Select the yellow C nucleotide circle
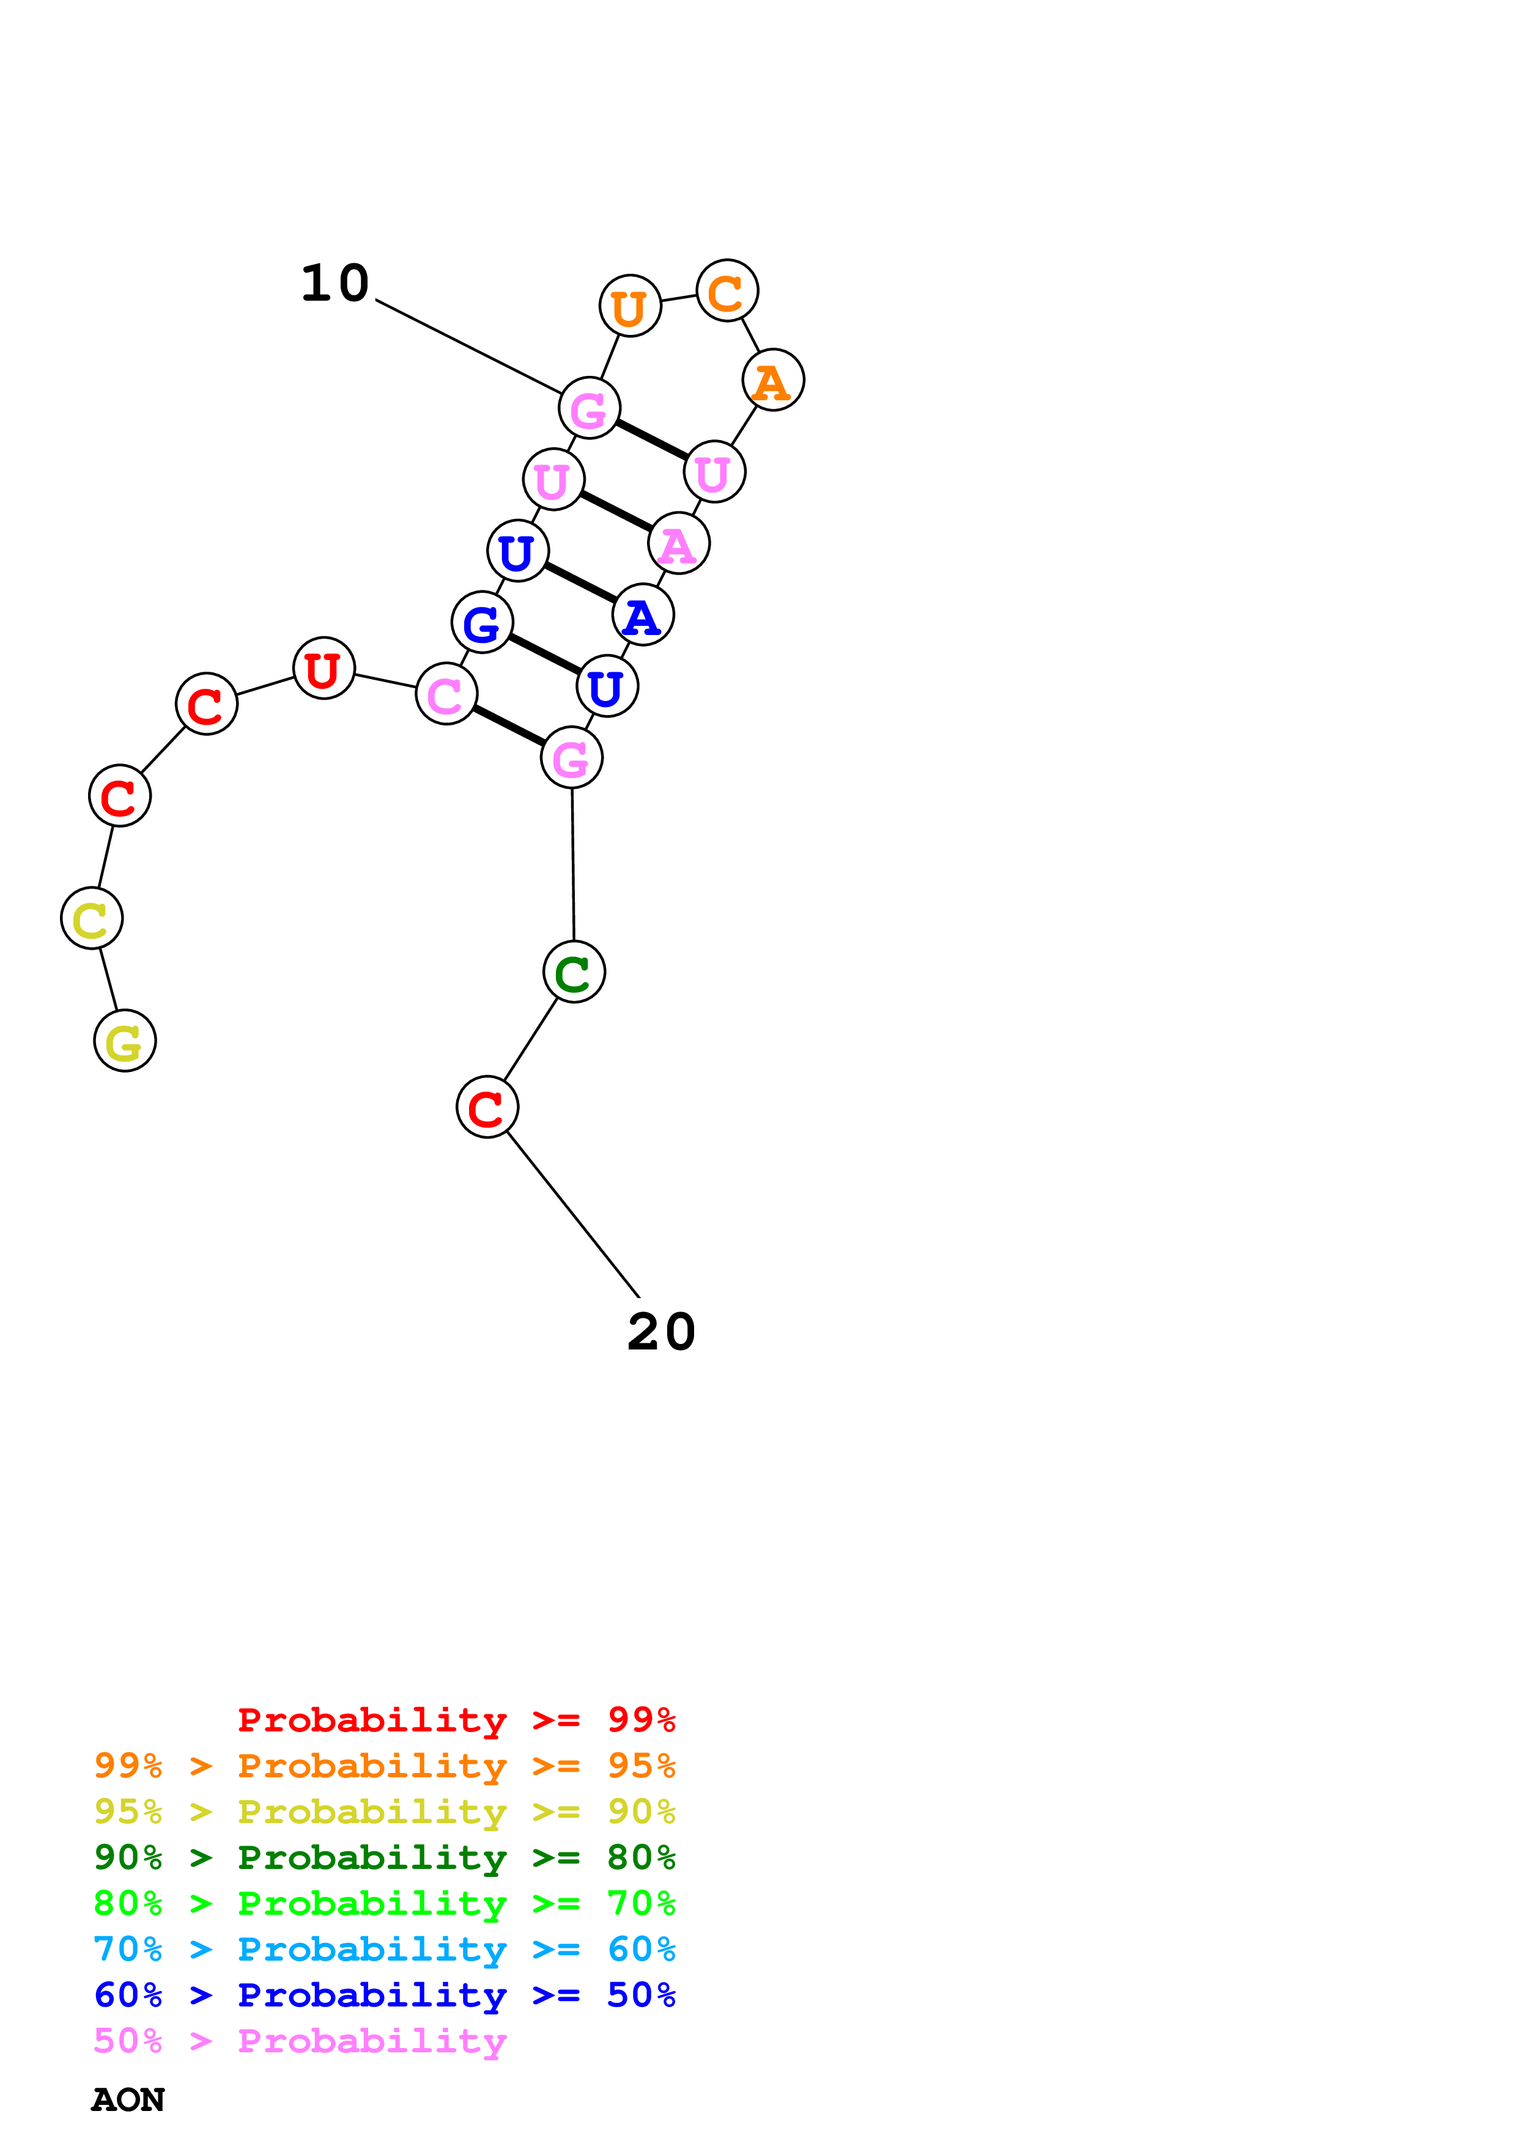pos(92,918)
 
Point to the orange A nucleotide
pos(772,380)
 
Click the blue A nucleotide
pos(643,615)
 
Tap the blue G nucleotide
pos(482,622)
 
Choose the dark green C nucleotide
pos(574,972)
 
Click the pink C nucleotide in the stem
pos(446,694)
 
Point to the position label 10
pos(335,283)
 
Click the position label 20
pos(661,1332)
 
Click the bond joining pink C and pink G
pos(509,725)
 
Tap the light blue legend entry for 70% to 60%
pos(384,1949)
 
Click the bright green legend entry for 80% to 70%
pos(384,1903)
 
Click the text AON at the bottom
pos(128,2099)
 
